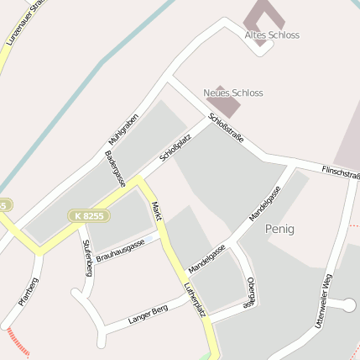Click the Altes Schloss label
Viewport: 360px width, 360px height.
272,35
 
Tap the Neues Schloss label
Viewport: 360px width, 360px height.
233,93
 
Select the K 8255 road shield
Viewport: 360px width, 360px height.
88,216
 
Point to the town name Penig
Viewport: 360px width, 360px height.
279,229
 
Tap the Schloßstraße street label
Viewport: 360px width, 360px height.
227,128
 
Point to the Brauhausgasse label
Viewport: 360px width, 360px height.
120,251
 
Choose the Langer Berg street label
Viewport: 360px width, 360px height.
149,315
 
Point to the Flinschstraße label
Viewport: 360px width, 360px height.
341,173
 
